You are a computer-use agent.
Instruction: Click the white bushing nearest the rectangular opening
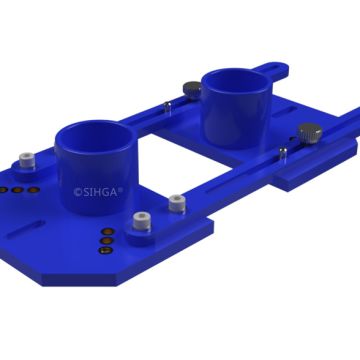click(177, 203)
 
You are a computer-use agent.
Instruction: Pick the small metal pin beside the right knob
click(284, 151)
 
